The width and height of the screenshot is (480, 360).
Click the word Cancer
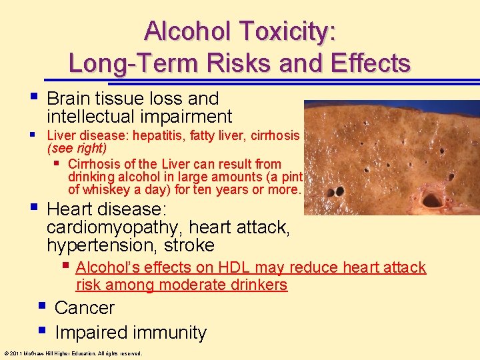85,308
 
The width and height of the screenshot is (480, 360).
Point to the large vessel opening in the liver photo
432,199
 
